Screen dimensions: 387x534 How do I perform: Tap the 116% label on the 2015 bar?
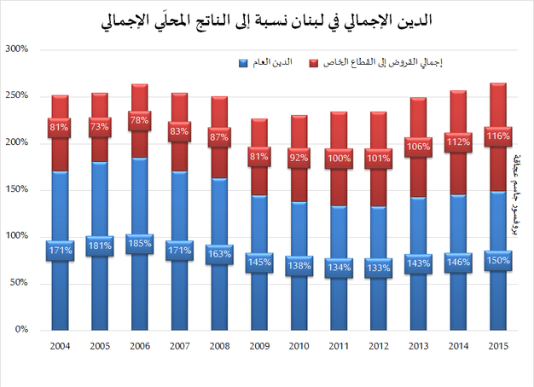[497, 136]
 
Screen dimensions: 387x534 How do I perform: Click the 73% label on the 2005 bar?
[99, 127]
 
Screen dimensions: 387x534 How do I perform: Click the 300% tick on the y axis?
[18, 49]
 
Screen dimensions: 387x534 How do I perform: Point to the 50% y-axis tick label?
[20, 283]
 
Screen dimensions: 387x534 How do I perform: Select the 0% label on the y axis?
[23, 330]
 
